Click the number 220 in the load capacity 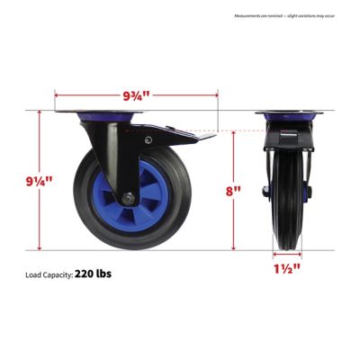pyautogui.click(x=85, y=272)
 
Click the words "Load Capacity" pyautogui.click(x=45, y=273)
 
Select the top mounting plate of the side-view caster pyautogui.click(x=108, y=113)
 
